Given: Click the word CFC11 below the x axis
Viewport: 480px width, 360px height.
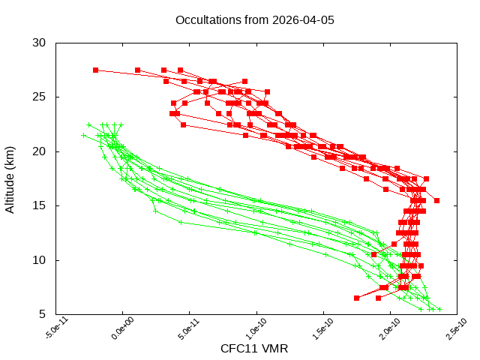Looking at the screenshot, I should point(238,349).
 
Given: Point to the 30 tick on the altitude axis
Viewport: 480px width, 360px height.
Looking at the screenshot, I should point(42,43).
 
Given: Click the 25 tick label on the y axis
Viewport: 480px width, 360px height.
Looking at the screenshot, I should point(42,97).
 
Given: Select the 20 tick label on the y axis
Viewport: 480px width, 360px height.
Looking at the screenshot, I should point(42,151).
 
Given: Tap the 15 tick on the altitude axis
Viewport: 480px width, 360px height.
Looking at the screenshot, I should point(42,205).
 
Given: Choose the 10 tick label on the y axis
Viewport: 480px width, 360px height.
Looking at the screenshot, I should point(42,260).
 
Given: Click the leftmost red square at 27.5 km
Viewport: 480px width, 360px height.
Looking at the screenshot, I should point(96,70).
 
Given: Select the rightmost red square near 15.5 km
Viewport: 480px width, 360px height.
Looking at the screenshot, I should point(436,200).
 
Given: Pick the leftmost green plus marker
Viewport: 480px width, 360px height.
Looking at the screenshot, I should point(83,136).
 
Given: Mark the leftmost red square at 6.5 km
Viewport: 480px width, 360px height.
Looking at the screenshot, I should point(356,298).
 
